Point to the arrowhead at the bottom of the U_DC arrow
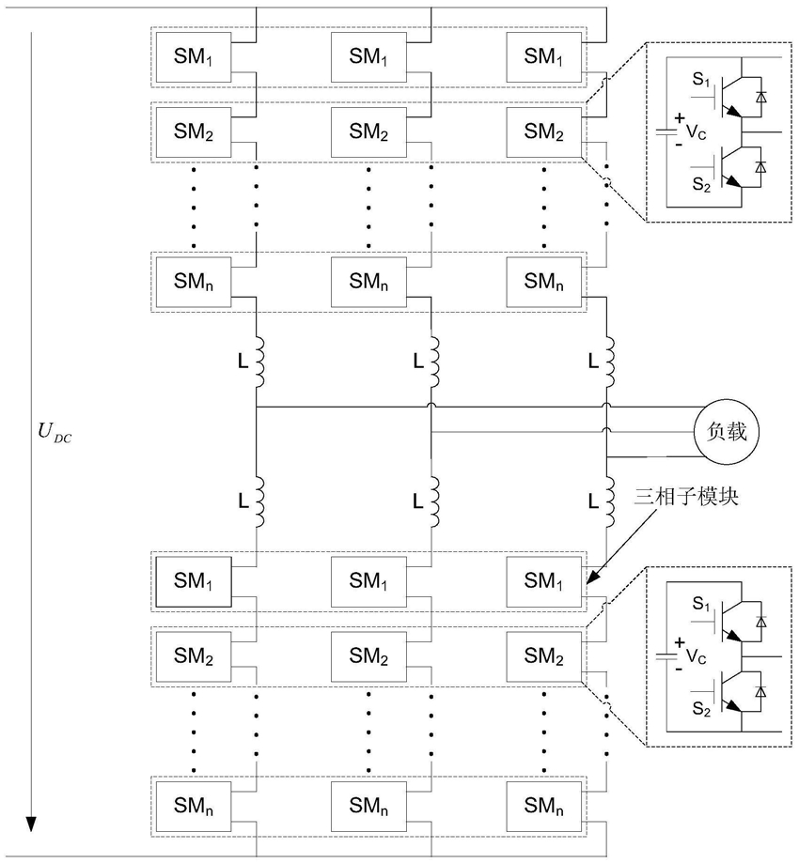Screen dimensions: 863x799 31,823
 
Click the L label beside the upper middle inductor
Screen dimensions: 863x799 418,359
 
